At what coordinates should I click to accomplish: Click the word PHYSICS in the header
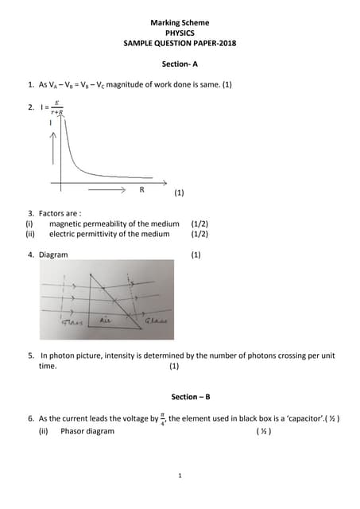180,33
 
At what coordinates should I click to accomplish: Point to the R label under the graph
142,190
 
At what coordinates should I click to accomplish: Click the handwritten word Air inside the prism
106,319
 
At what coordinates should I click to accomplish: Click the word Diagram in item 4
53,254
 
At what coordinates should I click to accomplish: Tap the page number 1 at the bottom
180,476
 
